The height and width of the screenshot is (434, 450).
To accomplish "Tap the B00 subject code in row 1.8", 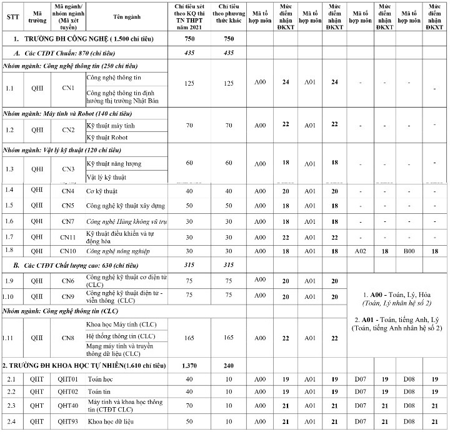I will coord(409,251).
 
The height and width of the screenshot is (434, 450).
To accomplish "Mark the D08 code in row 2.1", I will coord(409,379).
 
